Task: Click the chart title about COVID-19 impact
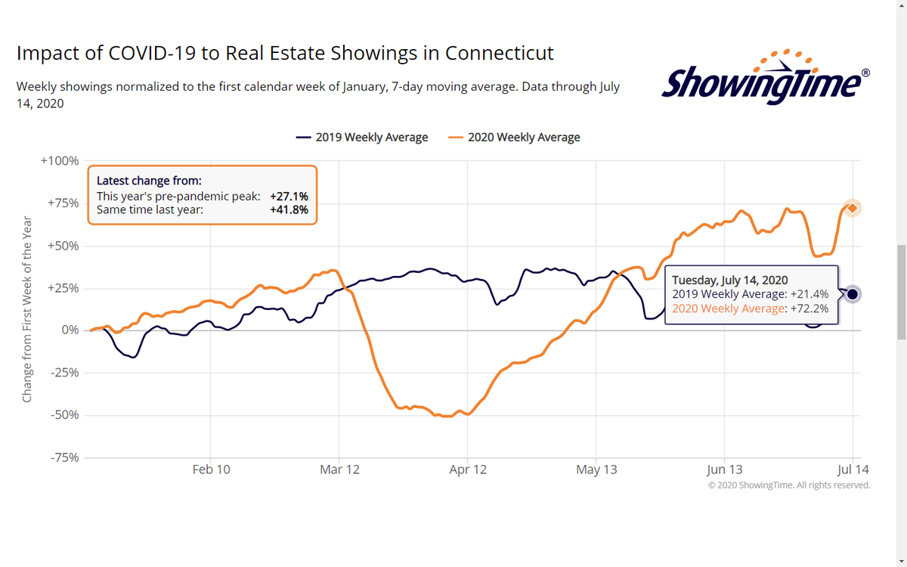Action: [285, 54]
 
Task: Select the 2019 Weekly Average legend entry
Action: [362, 138]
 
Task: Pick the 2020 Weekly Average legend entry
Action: [515, 138]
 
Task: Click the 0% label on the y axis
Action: [70, 330]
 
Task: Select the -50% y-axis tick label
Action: [63, 415]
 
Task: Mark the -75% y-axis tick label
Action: [63, 457]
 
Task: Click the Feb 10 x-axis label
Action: [211, 469]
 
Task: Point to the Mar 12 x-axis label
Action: [339, 469]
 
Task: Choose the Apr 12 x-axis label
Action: [468, 469]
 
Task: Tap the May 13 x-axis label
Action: [596, 469]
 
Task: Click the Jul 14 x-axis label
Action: [852, 469]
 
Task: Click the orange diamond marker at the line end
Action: [853, 208]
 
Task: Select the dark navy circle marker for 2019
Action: [853, 294]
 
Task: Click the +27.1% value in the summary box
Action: [289, 197]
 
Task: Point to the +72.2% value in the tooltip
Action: [809, 308]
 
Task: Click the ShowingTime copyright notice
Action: [788, 485]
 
